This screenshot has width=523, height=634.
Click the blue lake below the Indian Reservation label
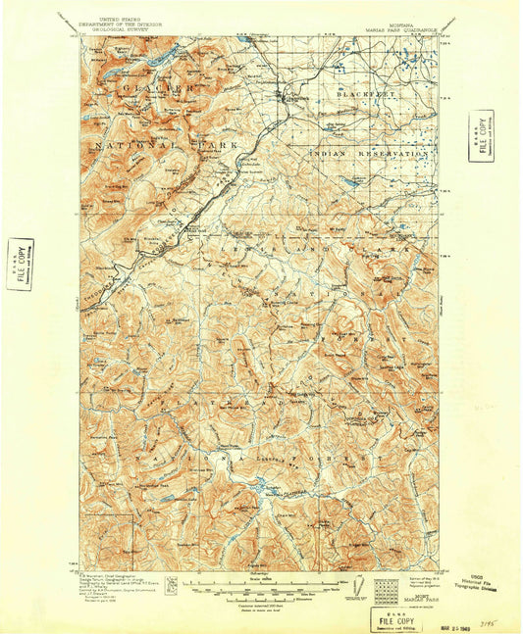[x=349, y=182]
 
